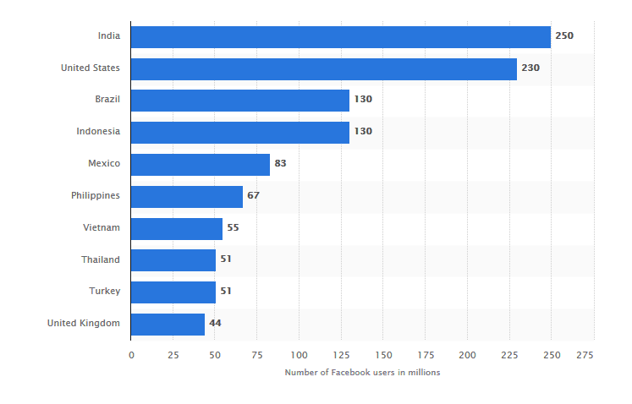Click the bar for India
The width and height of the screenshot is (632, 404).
coord(340,36)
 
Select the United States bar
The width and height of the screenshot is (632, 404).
coord(323,68)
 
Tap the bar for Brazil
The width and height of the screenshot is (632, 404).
coord(239,101)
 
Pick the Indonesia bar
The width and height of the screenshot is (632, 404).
coord(239,132)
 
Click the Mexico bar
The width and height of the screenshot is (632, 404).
coord(200,164)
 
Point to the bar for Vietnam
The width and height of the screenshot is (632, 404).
coord(176,228)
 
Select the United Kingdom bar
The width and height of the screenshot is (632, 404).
coord(168,324)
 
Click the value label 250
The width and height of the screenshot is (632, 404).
coord(564,36)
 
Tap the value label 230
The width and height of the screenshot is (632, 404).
coord(530,68)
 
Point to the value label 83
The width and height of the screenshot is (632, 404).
coord(280,164)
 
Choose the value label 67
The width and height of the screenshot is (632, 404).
coord(253,196)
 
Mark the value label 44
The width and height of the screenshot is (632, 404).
coord(215,324)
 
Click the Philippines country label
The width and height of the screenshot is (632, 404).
coord(96,196)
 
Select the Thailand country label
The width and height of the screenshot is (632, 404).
coord(101,259)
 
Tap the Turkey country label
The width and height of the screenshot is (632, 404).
coord(105,292)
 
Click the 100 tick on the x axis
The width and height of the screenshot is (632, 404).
coord(299,355)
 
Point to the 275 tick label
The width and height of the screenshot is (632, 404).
coord(585,355)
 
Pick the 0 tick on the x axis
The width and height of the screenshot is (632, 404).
coord(131,355)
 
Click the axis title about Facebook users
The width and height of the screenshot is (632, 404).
coord(362,373)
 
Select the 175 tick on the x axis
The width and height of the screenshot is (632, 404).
coord(425,355)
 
